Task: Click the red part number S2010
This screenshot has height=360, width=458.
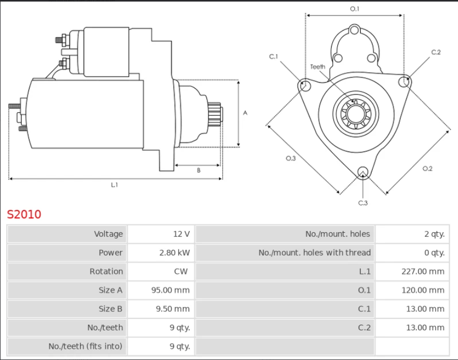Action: [x=24, y=214]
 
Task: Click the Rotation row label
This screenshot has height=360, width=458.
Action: [x=106, y=271]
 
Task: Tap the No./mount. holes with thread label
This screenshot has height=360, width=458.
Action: [x=315, y=252]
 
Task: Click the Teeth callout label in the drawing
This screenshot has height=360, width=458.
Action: [x=318, y=66]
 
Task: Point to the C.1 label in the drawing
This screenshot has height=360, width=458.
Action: [x=273, y=56]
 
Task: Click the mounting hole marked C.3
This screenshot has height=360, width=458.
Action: [x=363, y=172]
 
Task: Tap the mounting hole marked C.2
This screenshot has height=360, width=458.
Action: [x=405, y=82]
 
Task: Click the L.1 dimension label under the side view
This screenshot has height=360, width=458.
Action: [x=114, y=184]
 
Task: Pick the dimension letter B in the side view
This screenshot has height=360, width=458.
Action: [x=198, y=171]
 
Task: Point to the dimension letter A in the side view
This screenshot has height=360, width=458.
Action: [x=245, y=113]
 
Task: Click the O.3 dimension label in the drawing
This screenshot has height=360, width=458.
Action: [x=291, y=158]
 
